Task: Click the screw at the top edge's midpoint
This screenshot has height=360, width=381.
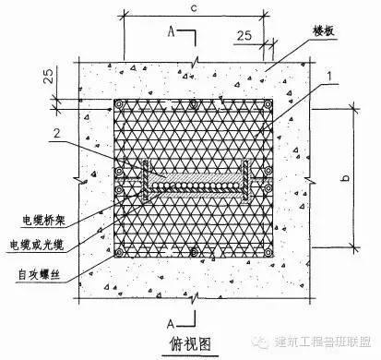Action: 193,105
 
